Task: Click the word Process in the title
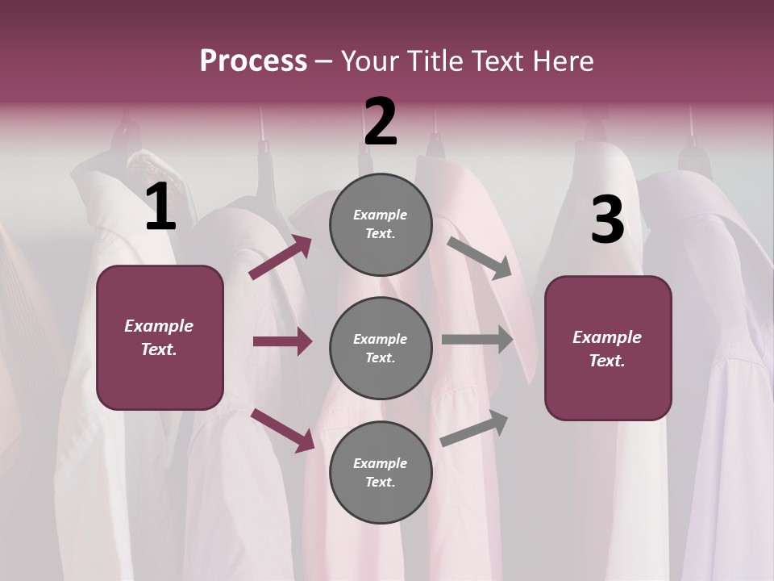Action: click(253, 61)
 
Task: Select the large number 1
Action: click(161, 207)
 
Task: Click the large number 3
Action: click(607, 219)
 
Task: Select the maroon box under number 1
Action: click(160, 337)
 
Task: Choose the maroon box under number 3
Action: click(608, 349)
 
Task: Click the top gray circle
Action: click(381, 224)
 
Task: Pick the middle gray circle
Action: click(381, 348)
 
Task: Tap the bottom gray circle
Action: click(381, 472)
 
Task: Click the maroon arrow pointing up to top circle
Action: click(281, 257)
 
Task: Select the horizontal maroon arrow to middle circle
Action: click(282, 341)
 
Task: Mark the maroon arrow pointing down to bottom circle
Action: click(283, 429)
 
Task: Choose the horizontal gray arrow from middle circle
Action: click(477, 340)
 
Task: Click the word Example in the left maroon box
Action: click(159, 326)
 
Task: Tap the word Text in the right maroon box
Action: click(606, 361)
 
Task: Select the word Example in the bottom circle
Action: click(381, 463)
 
